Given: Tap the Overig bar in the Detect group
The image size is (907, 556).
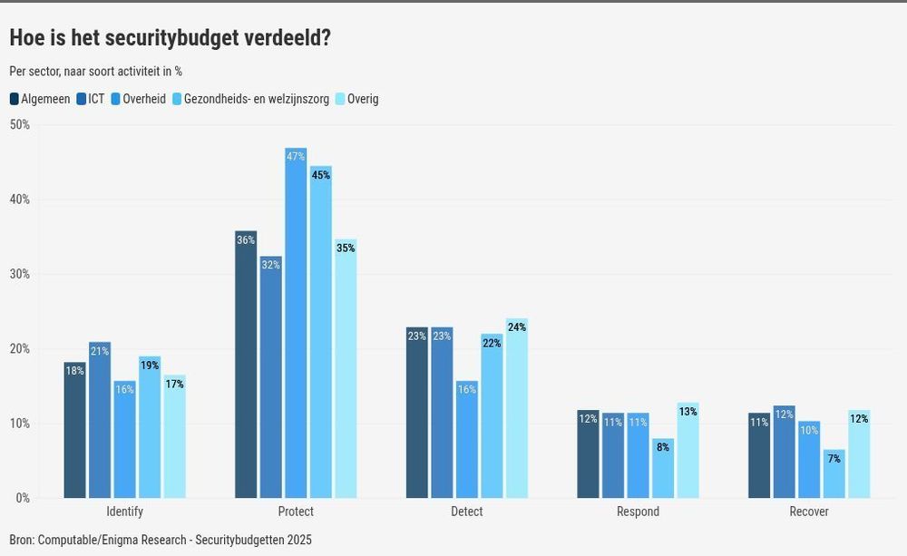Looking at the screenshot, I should tap(517, 408).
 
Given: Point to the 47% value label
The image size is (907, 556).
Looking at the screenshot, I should tap(296, 157).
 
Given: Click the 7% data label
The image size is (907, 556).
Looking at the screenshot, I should tap(834, 459).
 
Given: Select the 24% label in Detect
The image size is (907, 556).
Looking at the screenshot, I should tap(517, 327).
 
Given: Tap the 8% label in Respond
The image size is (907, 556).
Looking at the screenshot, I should tap(663, 447).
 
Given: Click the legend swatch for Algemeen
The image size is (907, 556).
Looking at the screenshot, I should tap(15, 99).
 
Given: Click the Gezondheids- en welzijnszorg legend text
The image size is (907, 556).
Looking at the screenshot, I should tap(256, 99).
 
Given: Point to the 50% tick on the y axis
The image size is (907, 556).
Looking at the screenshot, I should tap(19, 125).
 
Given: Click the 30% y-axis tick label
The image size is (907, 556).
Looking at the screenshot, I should tap(19, 274).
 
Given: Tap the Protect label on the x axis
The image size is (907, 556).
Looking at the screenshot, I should tap(296, 512).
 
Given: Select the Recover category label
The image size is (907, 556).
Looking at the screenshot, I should tap(809, 512).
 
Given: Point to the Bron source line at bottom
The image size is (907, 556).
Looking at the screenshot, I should tap(161, 540).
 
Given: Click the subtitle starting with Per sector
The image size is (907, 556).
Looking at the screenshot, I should tap(95, 71).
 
